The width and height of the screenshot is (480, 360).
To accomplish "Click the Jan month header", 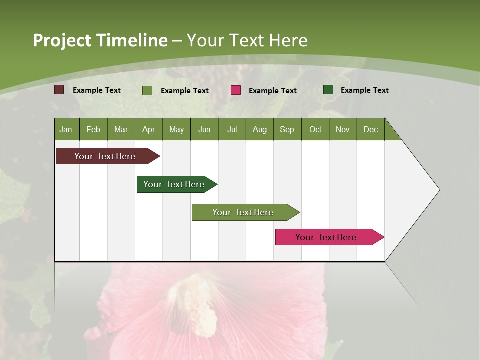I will (x=66, y=129).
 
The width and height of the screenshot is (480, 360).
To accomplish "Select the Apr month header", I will (x=148, y=129).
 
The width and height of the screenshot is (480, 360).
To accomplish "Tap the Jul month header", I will (x=232, y=129).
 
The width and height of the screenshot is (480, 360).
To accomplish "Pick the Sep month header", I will (x=287, y=129).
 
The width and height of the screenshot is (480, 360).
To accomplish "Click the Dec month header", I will (x=370, y=129).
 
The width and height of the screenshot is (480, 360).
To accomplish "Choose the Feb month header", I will (x=93, y=129).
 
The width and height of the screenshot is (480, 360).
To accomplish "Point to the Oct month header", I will (x=315, y=129).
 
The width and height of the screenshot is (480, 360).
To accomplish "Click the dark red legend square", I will (x=59, y=90).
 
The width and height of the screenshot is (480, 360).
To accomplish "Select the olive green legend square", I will (x=147, y=90).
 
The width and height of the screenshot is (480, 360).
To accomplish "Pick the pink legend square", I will (x=236, y=90).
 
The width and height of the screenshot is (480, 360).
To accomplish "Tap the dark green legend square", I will (x=328, y=90).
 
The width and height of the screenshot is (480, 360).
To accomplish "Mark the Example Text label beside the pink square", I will (x=272, y=91).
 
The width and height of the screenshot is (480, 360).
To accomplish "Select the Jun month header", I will (x=204, y=129).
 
